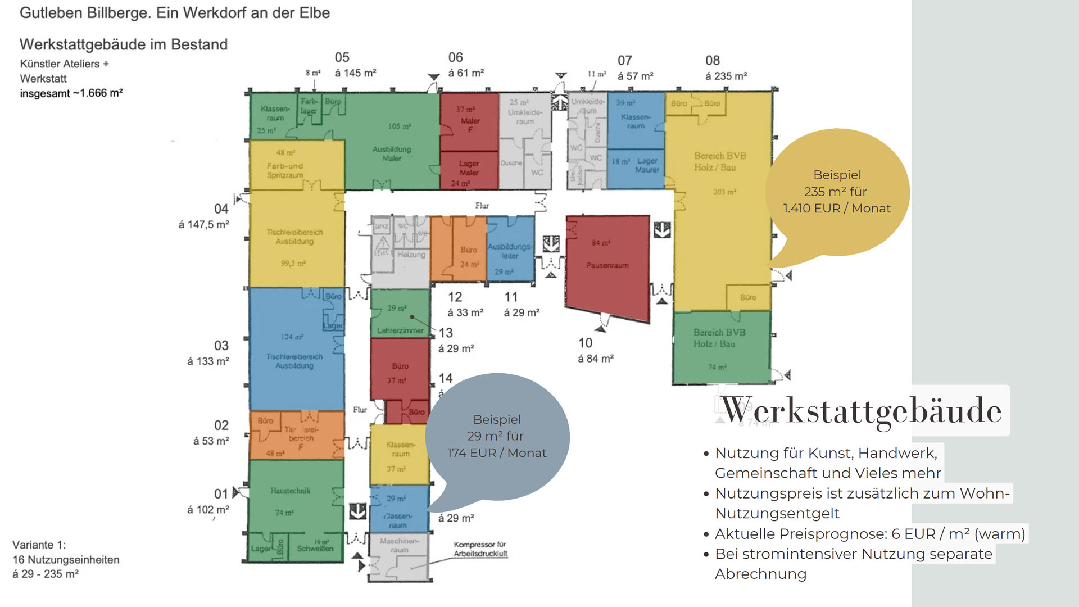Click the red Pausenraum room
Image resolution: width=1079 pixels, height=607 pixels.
[x=607, y=264]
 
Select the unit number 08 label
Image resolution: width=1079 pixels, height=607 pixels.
[x=713, y=60]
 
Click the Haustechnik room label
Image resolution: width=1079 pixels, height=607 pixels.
[x=290, y=491]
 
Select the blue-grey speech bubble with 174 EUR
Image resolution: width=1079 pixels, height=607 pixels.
[x=497, y=436]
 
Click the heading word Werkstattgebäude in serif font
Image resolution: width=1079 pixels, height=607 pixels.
[x=861, y=410]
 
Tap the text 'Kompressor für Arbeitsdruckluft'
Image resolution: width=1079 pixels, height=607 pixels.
[x=480, y=549]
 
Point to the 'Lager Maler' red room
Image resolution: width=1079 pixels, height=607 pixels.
[x=469, y=169]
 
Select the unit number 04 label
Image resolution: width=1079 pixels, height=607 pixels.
[x=221, y=209]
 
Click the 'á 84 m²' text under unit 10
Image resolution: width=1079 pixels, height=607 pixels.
[x=596, y=359]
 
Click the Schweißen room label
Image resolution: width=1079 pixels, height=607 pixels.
[x=315, y=549]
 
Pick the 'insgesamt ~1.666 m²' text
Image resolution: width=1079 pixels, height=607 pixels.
[x=71, y=93]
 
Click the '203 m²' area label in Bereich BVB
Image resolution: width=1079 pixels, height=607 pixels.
[x=724, y=192]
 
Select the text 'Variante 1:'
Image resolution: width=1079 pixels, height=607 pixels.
[x=39, y=545]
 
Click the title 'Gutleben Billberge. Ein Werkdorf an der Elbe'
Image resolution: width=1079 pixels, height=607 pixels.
[x=175, y=13]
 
